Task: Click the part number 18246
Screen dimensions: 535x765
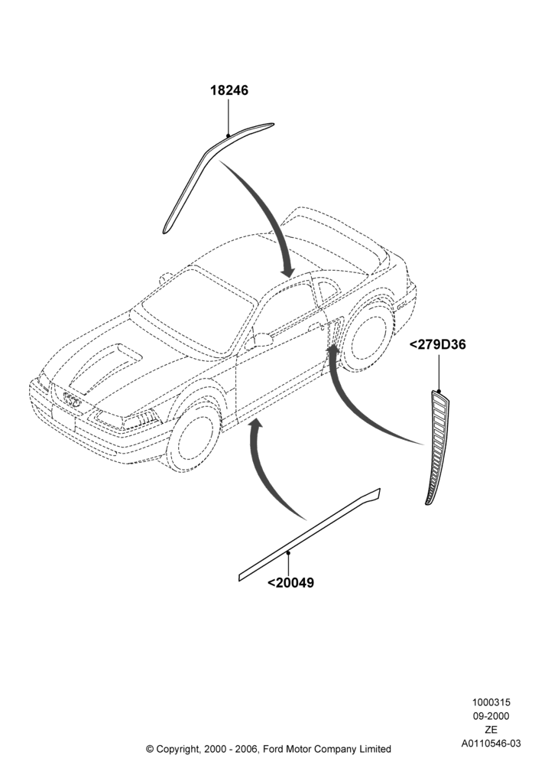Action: pyautogui.click(x=229, y=90)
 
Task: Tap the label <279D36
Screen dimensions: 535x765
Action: pyautogui.click(x=437, y=344)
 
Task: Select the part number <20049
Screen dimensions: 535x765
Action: pyautogui.click(x=291, y=582)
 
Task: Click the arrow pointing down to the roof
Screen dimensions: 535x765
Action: pyautogui.click(x=265, y=210)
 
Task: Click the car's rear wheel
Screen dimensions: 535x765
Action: pyautogui.click(x=368, y=337)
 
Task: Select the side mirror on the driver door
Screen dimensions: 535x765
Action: pyautogui.click(x=262, y=339)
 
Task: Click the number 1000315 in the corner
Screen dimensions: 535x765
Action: pyautogui.click(x=491, y=702)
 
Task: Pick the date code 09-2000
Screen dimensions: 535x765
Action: pyautogui.click(x=491, y=716)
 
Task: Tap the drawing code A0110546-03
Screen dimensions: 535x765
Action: pyautogui.click(x=491, y=744)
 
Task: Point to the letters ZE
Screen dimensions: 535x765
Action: pyautogui.click(x=491, y=730)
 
